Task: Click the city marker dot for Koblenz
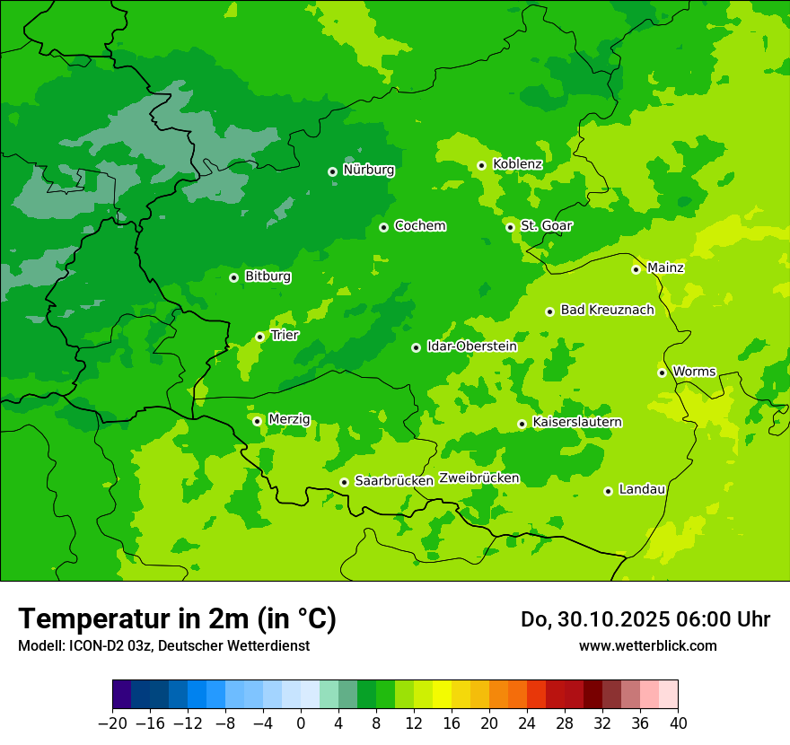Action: (481, 165)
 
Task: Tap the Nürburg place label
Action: (368, 170)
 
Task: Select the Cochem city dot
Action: (383, 227)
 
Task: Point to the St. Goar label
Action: (546, 225)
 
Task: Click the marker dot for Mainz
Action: (636, 269)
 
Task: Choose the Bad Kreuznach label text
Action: (607, 310)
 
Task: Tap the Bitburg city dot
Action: (233, 277)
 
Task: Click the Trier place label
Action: (285, 335)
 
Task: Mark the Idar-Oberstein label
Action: (471, 346)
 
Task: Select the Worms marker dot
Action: (662, 372)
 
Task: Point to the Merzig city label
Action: (289, 419)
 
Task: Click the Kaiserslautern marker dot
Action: (522, 424)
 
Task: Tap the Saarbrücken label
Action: (394, 480)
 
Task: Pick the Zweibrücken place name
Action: (478, 478)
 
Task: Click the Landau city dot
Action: (608, 491)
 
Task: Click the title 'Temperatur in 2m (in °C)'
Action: (177, 618)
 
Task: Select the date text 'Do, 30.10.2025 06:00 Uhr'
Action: (645, 619)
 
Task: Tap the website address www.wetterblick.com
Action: (647, 645)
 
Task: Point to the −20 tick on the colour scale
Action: (112, 723)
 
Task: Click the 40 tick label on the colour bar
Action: (678, 723)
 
